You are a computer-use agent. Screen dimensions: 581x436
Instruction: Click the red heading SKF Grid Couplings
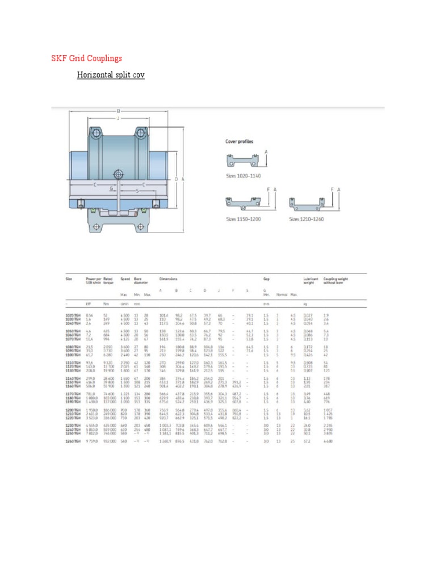pyautogui.click(x=87, y=58)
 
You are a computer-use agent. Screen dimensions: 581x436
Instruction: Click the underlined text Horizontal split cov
pyautogui.click(x=111, y=75)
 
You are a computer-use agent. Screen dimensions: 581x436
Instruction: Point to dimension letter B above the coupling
pyautogui.click(x=119, y=111)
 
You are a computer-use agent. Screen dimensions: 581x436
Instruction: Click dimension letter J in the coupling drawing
pyautogui.click(x=118, y=119)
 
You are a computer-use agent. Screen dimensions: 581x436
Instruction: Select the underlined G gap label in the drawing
pyautogui.click(x=111, y=187)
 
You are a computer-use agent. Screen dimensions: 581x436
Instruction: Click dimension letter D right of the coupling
pyautogui.click(x=177, y=179)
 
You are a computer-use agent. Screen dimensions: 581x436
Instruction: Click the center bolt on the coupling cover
pyautogui.click(x=118, y=174)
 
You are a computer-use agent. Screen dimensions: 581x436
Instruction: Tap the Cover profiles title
pyautogui.click(x=240, y=141)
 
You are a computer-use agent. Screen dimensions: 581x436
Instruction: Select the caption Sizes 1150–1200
pyautogui.click(x=245, y=218)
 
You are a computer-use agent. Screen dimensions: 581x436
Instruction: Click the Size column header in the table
pyautogui.click(x=69, y=279)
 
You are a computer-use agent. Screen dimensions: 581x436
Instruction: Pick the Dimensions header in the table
pyautogui.click(x=168, y=279)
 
